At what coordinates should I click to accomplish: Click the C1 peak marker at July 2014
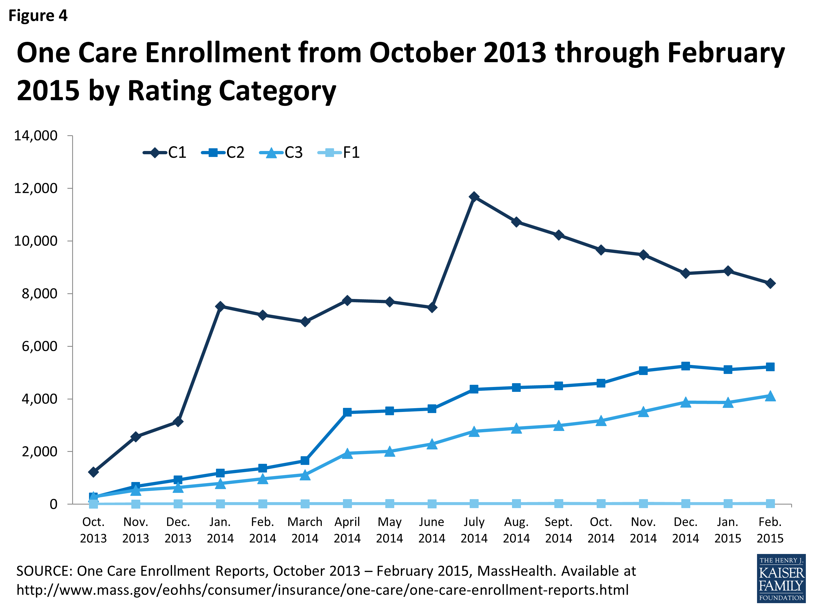(474, 197)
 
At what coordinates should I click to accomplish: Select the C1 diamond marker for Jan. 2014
(220, 306)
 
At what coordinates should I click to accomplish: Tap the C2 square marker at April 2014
(347, 412)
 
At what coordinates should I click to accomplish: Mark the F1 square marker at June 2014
(432, 503)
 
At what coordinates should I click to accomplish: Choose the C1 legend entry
(165, 152)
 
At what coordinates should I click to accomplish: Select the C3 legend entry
(282, 152)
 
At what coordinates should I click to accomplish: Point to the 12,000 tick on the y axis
(36, 188)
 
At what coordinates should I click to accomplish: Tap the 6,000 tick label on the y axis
(39, 346)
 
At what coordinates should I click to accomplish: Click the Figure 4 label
(38, 16)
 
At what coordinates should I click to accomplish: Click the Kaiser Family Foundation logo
(781, 578)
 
